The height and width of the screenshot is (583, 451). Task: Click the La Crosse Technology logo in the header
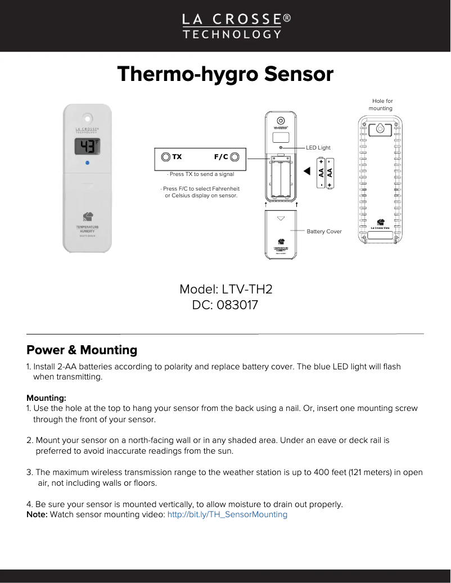tap(236, 26)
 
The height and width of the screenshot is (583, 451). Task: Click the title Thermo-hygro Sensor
tap(225, 74)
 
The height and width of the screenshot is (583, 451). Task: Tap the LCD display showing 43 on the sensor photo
tap(87, 147)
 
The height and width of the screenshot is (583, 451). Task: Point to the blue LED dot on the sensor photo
tap(87, 163)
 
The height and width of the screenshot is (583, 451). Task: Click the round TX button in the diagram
tap(165, 157)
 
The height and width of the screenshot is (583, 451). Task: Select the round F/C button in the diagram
tap(234, 157)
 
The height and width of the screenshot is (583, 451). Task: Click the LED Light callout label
tap(318, 148)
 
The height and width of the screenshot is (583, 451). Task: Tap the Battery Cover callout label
tap(324, 231)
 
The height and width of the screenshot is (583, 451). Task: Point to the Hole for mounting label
tap(381, 105)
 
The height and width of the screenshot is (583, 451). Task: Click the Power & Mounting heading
tap(82, 350)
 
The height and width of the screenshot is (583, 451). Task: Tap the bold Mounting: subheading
tap(46, 398)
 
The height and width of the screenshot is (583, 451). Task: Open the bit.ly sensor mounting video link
tap(227, 514)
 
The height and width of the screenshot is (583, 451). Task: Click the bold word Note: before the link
tap(37, 514)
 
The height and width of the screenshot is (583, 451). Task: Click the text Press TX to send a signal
tap(201, 174)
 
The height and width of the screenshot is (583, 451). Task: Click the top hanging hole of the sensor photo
tap(87, 119)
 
